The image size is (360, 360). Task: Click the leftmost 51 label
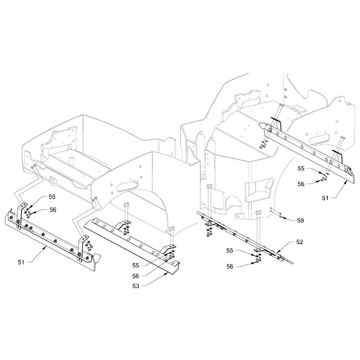pos(21,262)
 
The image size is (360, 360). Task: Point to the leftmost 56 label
pos(53,210)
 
